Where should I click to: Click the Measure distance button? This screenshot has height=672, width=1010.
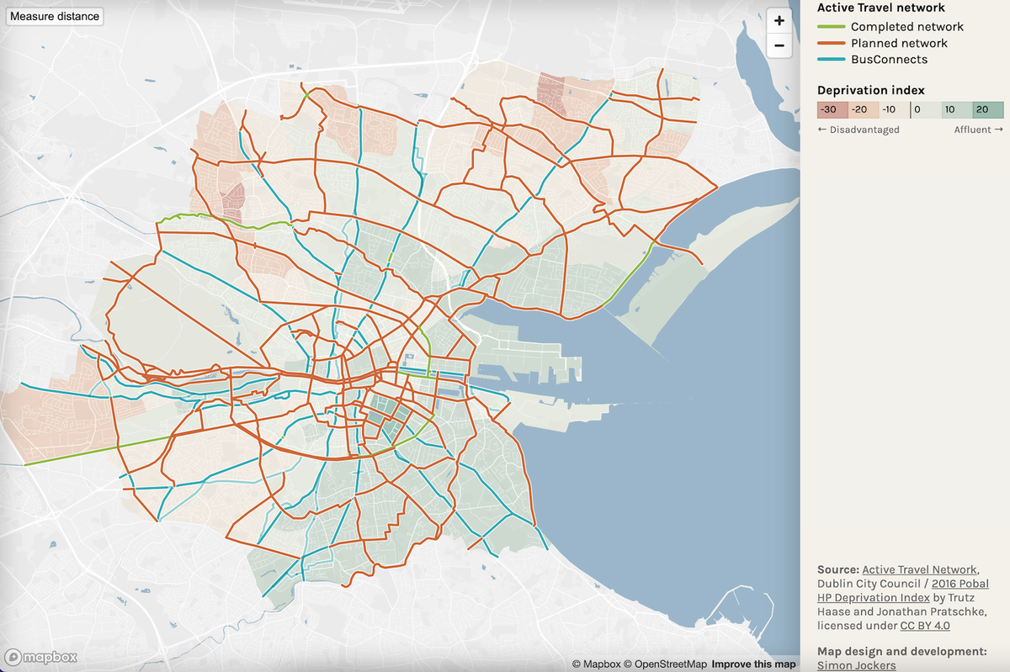click(55, 16)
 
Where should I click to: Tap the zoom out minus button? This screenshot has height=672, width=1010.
click(779, 45)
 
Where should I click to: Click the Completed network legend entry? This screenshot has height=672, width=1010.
click(906, 27)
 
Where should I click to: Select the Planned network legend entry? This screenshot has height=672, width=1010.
click(899, 43)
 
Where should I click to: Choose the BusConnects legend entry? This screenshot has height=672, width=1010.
click(889, 60)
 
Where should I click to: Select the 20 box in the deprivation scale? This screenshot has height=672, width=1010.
click(987, 109)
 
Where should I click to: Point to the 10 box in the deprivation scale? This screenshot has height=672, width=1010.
click(957, 109)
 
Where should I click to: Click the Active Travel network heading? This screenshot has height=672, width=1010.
click(881, 7)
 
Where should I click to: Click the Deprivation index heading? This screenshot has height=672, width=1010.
click(870, 90)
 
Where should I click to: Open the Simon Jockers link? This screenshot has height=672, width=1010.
click(856, 665)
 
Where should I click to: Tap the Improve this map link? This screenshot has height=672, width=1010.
click(753, 664)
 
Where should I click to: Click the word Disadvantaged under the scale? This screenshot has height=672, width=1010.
click(864, 130)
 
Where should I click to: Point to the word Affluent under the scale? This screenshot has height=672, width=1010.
click(973, 130)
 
